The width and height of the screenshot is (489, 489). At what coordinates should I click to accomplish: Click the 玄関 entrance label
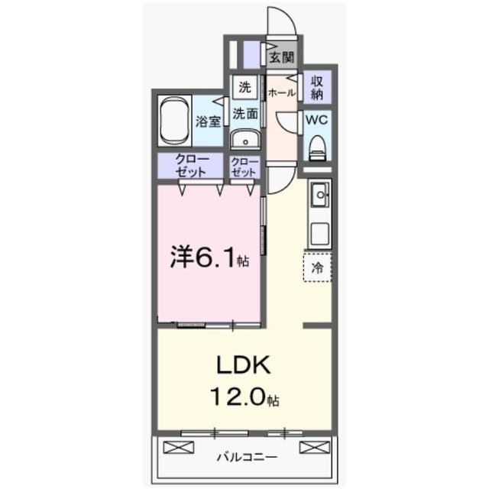[x=282, y=57]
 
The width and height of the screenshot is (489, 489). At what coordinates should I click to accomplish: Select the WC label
[x=317, y=121]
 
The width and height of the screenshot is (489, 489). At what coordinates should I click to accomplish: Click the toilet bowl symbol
[x=317, y=146]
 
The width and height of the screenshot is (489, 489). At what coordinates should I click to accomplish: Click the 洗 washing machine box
[x=244, y=87]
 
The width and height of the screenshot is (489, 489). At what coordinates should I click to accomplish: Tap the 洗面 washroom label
[x=245, y=114]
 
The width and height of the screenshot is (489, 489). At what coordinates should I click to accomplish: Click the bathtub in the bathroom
[x=176, y=120]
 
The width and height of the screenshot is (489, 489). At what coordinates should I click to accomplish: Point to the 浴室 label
[x=207, y=121]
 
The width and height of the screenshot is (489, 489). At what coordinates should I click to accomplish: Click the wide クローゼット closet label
[x=189, y=166]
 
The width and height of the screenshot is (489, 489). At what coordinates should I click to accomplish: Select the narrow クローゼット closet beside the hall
[x=245, y=166]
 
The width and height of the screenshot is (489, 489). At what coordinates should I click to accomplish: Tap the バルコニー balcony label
[x=246, y=458]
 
